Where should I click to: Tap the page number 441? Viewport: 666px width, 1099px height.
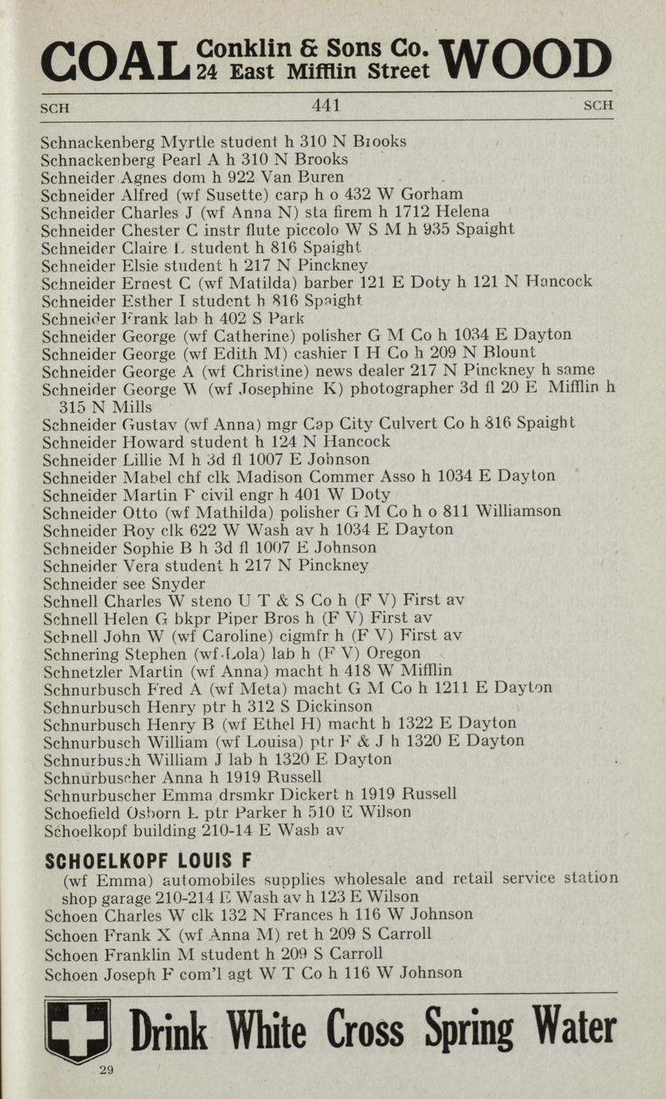326,105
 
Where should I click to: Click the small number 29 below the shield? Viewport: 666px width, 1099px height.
107,1070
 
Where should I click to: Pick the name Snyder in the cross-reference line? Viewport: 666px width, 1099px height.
175,584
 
